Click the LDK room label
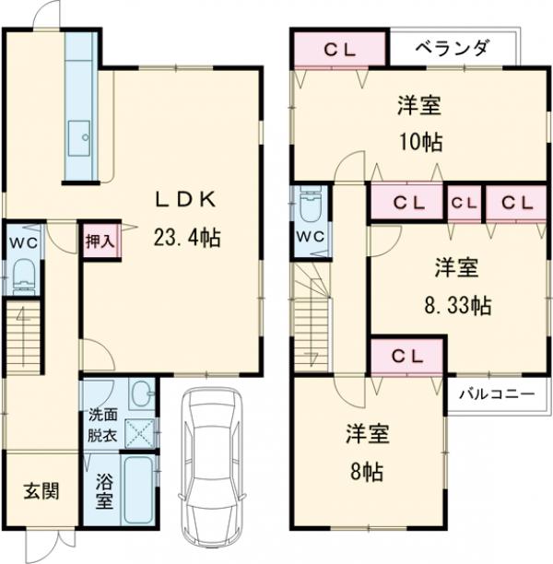(x=184, y=198)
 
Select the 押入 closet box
(x=100, y=242)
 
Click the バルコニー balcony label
(x=498, y=394)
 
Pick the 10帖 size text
(x=419, y=142)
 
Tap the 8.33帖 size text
(x=456, y=304)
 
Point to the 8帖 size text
(x=365, y=471)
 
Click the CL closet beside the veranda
(x=339, y=50)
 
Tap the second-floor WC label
(x=310, y=235)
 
